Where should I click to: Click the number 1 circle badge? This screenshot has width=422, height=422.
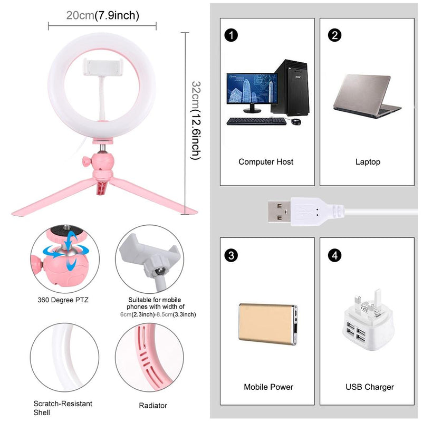click(x=231, y=35)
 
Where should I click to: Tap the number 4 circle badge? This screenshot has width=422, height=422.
click(x=333, y=256)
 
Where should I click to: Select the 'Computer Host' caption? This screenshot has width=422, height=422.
click(x=266, y=162)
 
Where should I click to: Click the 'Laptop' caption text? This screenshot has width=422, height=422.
click(x=368, y=162)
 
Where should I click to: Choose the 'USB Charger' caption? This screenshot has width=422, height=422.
click(x=370, y=387)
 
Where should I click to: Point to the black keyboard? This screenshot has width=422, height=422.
click(x=256, y=121)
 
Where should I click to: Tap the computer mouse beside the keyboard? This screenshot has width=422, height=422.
click(x=296, y=122)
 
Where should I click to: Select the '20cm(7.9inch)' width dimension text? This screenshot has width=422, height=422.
click(x=102, y=15)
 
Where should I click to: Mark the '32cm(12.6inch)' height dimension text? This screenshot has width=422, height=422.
click(x=196, y=120)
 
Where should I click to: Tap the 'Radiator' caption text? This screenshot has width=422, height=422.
click(x=153, y=406)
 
